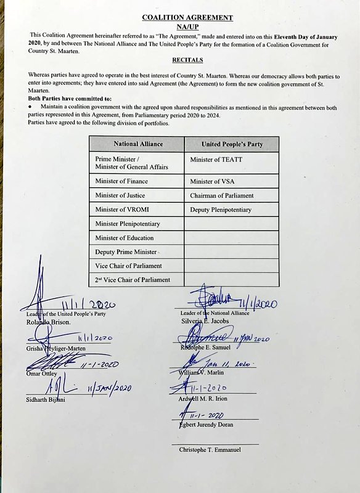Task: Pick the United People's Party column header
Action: coord(232,144)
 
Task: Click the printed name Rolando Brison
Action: coord(49,322)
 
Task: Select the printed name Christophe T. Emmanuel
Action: coord(210,450)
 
